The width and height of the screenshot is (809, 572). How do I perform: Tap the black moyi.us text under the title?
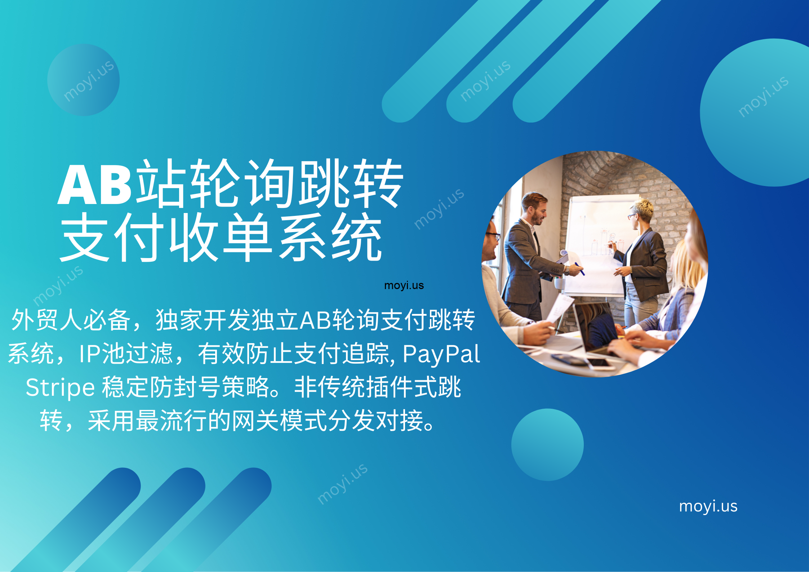404,285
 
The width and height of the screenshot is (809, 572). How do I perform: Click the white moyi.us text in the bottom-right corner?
708,506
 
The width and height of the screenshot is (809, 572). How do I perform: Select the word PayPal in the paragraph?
441,354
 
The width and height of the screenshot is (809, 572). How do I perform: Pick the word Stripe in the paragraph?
60,388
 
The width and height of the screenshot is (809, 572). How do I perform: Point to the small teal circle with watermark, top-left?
84,80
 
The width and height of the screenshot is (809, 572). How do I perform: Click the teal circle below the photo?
547,444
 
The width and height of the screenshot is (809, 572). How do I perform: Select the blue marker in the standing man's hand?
579,269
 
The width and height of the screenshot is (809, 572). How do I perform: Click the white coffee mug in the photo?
559,283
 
